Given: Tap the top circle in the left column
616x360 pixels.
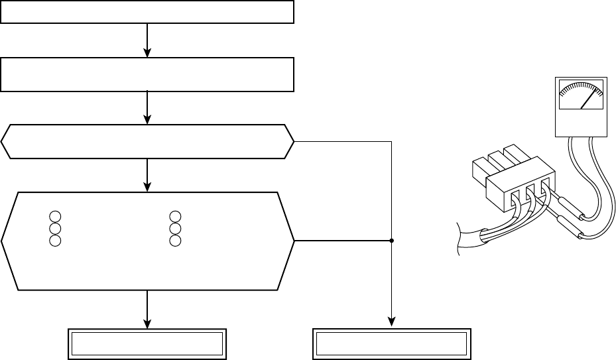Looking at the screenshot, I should pos(55,216).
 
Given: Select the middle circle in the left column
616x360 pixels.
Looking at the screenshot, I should pos(55,228).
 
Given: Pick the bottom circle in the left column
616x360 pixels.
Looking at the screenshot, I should pos(55,240).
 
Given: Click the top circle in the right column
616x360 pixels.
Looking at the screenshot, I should pos(175,216).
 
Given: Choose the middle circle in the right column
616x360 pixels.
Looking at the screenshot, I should pos(175,228).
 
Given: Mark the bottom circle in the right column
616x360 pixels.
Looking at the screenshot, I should pos(175,240).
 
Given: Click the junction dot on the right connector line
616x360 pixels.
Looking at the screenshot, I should pos(391,241).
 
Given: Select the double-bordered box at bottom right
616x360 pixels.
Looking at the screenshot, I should pos(391,343).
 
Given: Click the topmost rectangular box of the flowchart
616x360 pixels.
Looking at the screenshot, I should pos(147,12).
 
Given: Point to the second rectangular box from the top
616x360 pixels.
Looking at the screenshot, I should pos(147,74).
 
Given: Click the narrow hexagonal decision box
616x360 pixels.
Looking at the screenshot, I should pos(147,141).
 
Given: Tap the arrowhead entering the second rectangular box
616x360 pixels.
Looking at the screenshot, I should pos(147,53).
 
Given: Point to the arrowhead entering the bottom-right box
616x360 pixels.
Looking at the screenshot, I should pos(391,323).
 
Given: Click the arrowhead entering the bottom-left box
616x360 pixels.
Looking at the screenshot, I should pos(147,323).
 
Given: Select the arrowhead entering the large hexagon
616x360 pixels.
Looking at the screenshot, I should pos(147,187).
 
